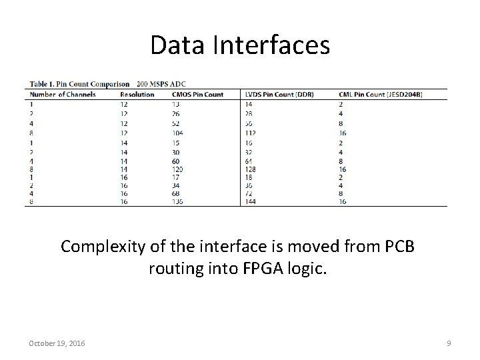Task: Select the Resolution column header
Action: coord(137,94)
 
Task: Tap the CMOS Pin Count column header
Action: coord(197,94)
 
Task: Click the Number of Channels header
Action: coord(63,94)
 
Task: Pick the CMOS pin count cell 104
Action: coord(179,133)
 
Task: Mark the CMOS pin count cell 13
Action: coord(175,104)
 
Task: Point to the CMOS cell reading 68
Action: coord(176,193)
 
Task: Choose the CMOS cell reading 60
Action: coord(176,162)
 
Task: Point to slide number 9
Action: coord(449,343)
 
